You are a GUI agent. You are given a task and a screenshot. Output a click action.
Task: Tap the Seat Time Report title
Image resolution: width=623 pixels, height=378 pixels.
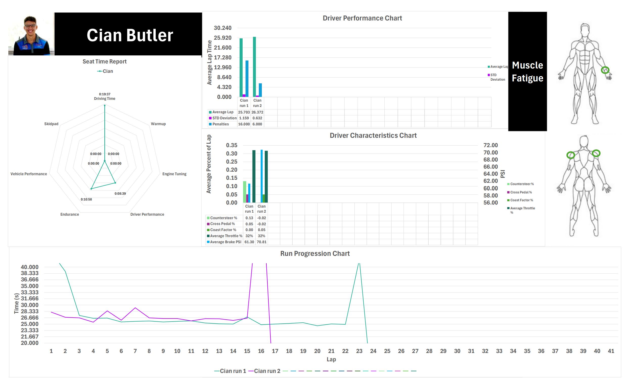click(104, 61)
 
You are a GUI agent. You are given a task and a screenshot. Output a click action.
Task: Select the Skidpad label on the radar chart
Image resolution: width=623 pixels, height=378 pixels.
click(51, 124)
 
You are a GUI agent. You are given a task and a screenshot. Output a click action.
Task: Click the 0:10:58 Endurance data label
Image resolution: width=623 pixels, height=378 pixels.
click(86, 199)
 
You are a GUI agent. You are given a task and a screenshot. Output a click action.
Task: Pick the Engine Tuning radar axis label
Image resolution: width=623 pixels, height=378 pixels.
click(174, 174)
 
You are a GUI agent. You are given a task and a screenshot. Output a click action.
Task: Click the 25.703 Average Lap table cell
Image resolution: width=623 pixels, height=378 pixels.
click(244, 112)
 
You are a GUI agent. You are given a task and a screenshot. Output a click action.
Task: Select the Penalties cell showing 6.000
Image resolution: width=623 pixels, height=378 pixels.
click(257, 124)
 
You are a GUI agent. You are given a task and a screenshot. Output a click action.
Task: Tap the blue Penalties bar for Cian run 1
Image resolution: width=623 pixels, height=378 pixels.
click(247, 79)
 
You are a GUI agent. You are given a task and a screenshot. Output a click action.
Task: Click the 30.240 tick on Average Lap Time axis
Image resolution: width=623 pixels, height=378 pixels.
click(222, 28)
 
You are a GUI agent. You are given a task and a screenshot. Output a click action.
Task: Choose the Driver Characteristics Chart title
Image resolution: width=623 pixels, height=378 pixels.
click(373, 135)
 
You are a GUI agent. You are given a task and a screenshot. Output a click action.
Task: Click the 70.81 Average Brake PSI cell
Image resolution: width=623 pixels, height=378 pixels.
click(261, 242)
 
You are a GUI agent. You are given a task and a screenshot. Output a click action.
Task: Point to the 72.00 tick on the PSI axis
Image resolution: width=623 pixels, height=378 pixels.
click(491, 145)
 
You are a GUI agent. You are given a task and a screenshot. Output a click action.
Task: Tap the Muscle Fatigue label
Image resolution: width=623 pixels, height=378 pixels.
click(527, 72)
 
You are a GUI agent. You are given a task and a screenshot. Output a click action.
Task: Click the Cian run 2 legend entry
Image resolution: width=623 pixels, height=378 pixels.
click(264, 371)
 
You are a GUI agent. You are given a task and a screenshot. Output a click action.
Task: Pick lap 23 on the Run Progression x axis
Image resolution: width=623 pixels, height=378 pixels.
click(359, 351)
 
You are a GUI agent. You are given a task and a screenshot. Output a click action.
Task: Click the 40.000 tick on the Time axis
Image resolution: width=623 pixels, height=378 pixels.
click(30, 267)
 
